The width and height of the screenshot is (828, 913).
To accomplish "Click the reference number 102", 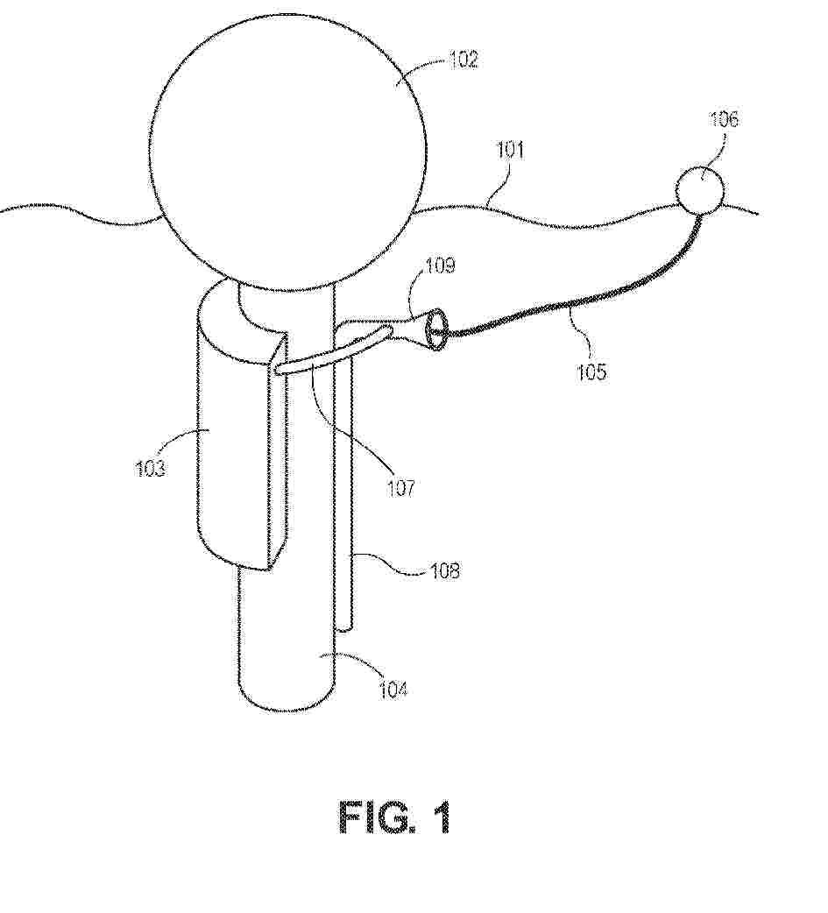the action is [x=464, y=60].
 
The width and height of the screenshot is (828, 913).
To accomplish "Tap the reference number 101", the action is [x=510, y=150].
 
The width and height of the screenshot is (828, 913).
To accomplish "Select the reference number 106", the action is [x=724, y=119].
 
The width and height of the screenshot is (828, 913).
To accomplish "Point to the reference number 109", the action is [x=440, y=265].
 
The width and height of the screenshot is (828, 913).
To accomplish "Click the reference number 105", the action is [x=591, y=372].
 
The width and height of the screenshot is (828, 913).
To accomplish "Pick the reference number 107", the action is [x=401, y=488].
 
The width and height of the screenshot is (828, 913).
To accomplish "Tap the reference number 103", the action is [x=150, y=468].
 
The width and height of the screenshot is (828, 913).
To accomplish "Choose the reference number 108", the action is [x=445, y=570].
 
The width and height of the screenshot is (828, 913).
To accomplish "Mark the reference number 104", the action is [x=393, y=690].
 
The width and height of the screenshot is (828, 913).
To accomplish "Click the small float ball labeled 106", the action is [x=700, y=190].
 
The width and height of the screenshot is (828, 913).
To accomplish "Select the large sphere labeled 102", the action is [x=287, y=152].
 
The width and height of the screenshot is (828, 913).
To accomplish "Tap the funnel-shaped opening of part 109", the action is [x=436, y=331].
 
